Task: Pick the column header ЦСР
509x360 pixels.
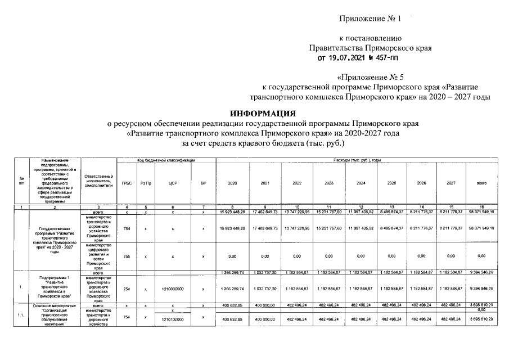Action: click(x=173, y=183)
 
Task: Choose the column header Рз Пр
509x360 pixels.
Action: click(x=146, y=183)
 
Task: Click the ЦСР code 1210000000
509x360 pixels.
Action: click(x=173, y=288)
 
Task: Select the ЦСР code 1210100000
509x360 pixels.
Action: click(x=173, y=319)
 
